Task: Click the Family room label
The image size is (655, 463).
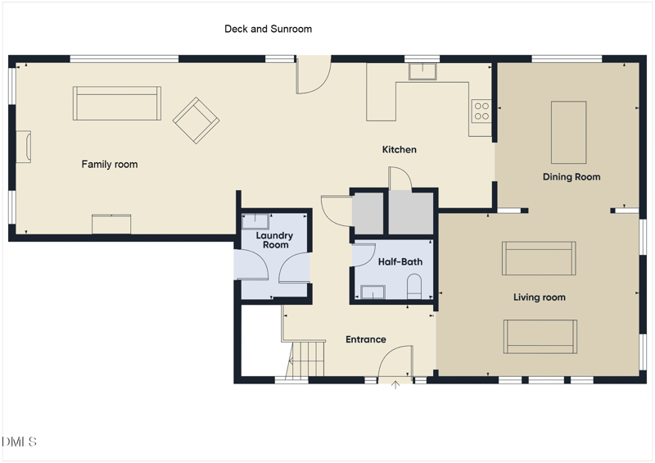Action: [110, 165]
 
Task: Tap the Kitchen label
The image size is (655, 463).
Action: [400, 149]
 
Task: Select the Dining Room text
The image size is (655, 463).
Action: [571, 177]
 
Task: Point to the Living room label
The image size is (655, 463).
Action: [540, 297]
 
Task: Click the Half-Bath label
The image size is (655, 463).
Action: [400, 262]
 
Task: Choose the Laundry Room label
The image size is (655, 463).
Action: [274, 240]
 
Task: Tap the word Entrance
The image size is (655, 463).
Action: [366, 339]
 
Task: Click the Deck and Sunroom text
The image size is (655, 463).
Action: [269, 29]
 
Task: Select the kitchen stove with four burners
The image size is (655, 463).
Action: [481, 111]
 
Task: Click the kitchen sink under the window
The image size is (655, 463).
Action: [422, 71]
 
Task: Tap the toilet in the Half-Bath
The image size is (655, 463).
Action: [414, 287]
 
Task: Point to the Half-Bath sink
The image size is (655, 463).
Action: [373, 292]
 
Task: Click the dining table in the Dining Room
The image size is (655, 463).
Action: [568, 132]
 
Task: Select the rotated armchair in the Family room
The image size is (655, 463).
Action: [196, 120]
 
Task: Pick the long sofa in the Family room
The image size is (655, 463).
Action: [117, 103]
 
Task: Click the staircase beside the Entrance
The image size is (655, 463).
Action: [308, 360]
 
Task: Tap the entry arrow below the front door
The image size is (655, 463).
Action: [395, 385]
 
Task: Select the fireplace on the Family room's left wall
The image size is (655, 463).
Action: [24, 147]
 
